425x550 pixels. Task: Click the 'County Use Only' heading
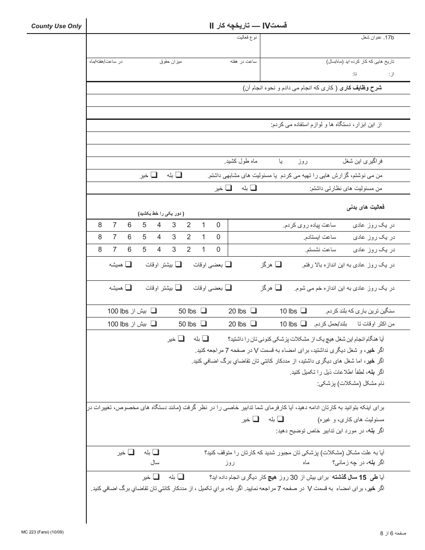pos(56,26)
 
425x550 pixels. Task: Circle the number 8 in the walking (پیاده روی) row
pos(100,225)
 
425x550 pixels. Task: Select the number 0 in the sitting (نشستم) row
pos(218,250)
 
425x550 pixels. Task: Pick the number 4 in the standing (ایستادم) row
pos(159,237)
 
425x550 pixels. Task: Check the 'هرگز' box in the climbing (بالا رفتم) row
pos(278,265)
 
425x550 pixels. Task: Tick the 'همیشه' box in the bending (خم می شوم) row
pos(128,288)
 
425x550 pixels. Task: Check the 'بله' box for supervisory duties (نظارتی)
pos(254,188)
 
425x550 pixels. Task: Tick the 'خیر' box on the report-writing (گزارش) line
pos(154,175)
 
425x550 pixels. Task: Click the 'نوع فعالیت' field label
pos(247,38)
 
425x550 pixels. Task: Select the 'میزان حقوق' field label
pos(171,61)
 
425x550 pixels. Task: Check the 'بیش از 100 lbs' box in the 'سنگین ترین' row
pos(153,311)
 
